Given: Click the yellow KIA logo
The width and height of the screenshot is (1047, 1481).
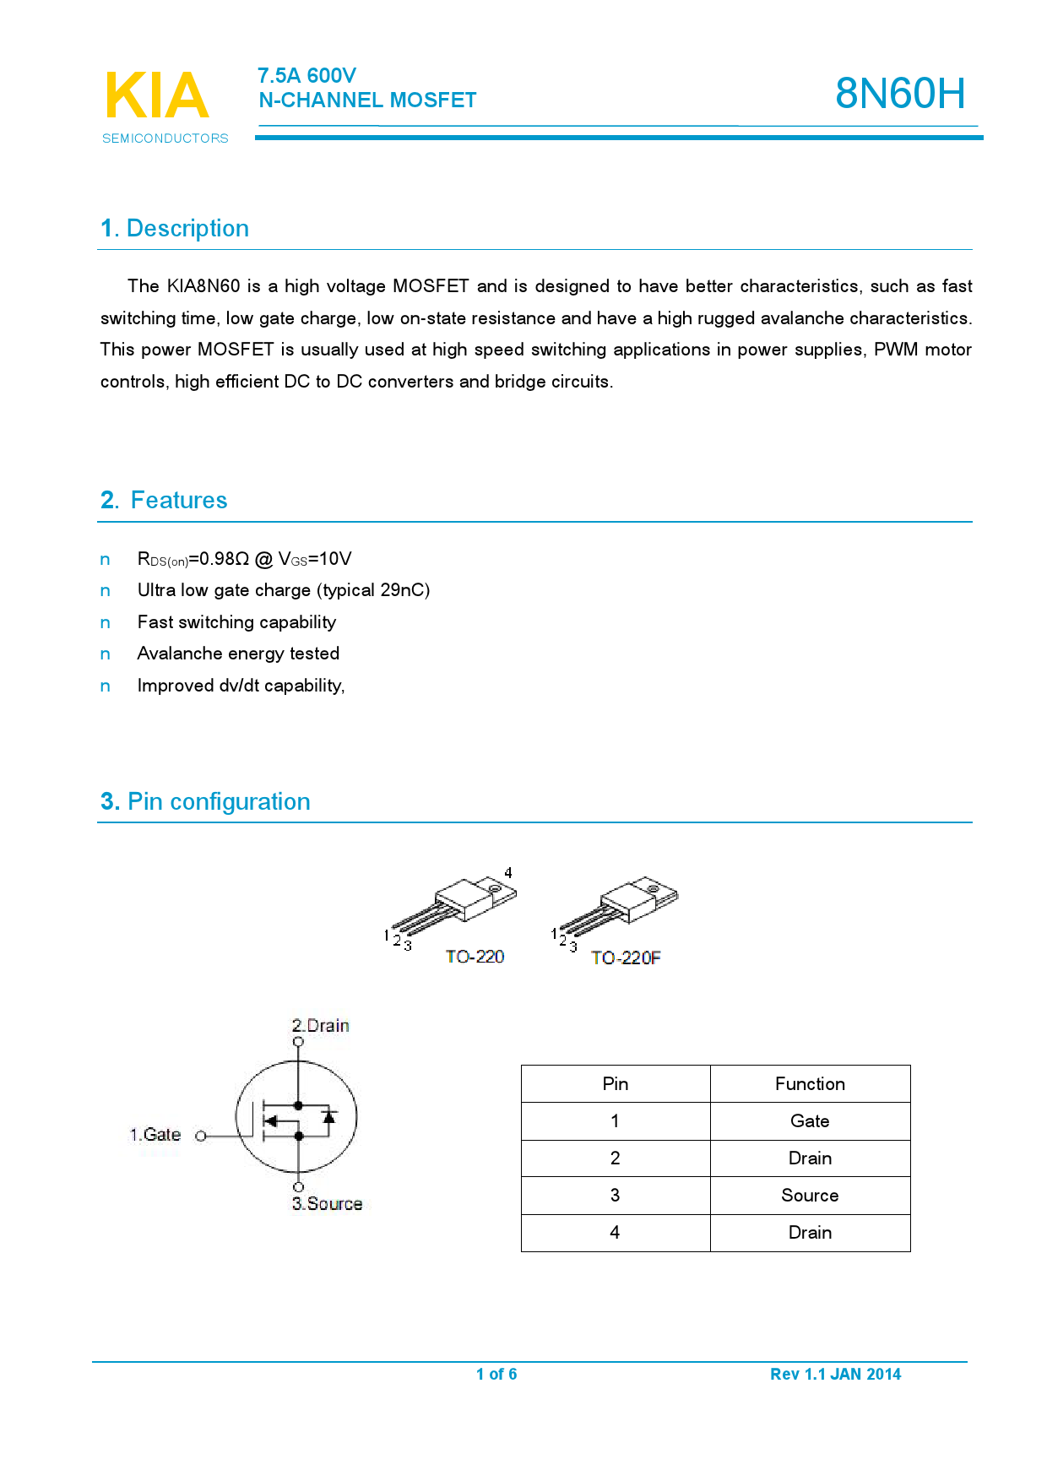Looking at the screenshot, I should (157, 96).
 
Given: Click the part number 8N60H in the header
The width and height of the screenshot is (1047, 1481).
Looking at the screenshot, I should (899, 93).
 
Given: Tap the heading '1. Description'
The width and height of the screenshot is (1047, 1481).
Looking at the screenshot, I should (175, 229).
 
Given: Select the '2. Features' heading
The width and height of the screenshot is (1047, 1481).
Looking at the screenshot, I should (164, 501).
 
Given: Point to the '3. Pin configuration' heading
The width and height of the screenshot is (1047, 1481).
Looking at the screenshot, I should (205, 801).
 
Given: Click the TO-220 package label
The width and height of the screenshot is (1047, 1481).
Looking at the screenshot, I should (475, 957).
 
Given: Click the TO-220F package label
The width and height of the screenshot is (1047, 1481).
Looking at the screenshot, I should (626, 957).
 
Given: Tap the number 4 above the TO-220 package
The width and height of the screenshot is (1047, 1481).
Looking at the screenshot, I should (508, 873).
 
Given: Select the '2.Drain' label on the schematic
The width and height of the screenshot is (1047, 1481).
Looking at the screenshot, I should (321, 1026).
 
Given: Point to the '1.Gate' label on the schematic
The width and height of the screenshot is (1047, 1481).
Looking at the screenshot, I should (155, 1135).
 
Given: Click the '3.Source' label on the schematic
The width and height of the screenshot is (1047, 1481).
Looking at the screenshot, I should (328, 1204).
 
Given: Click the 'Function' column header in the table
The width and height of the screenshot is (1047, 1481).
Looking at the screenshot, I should (810, 1084).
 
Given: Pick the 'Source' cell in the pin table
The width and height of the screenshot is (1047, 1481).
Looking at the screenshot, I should (810, 1196).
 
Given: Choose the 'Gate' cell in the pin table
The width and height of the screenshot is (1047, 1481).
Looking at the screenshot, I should (810, 1121).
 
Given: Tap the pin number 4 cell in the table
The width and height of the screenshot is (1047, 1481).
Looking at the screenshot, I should (615, 1233).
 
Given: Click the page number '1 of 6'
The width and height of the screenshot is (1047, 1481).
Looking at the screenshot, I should (496, 1374).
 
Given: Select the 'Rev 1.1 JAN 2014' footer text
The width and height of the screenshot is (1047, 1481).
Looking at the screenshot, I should (835, 1374).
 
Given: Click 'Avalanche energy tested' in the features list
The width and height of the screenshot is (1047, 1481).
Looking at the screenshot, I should (238, 654).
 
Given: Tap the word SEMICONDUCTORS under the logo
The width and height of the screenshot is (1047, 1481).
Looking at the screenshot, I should (165, 138).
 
